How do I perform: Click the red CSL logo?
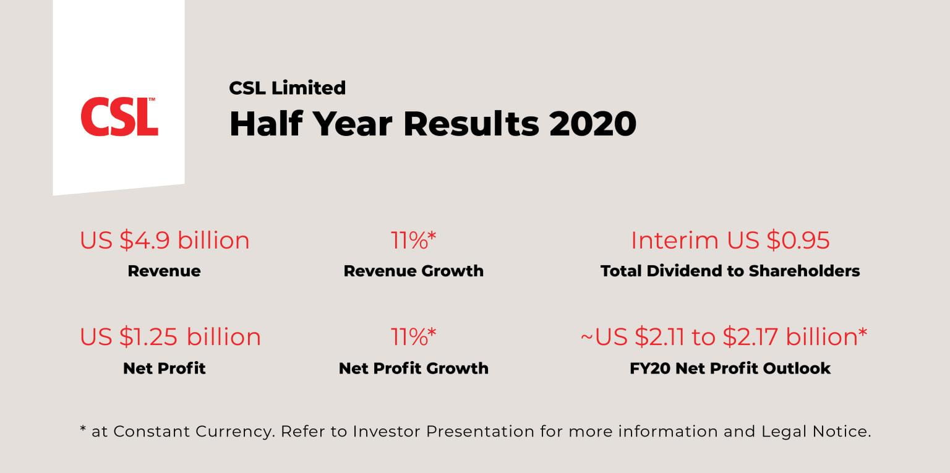(118, 117)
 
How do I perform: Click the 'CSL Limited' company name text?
(287, 88)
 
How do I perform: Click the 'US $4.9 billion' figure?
(165, 241)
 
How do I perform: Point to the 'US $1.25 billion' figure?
(170, 337)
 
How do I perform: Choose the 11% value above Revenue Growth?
(413, 241)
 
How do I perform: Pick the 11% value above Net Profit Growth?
(413, 337)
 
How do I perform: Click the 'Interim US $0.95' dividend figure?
(730, 241)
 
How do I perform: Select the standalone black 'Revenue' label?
(164, 271)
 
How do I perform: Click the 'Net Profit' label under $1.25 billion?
(164, 368)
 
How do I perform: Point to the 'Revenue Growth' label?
(413, 271)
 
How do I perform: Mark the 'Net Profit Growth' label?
(413, 368)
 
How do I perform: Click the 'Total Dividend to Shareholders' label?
(730, 271)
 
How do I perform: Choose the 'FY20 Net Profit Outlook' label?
(730, 368)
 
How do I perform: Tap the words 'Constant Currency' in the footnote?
(194, 432)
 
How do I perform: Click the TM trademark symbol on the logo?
(152, 100)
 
